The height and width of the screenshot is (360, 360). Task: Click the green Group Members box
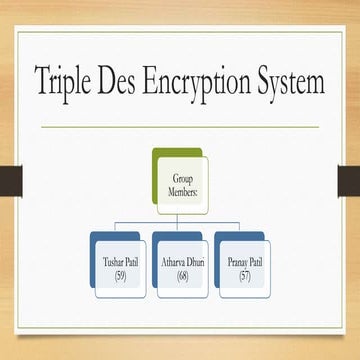pos(181,183)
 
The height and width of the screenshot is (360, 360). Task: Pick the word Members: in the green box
pos(181,189)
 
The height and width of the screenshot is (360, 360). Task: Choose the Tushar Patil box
pos(122,269)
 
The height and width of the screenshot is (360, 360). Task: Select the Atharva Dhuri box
pos(181,269)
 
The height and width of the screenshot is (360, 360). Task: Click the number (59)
pos(122,274)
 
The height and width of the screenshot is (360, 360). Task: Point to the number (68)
pos(182,274)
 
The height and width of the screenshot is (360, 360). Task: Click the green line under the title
pos(180,127)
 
